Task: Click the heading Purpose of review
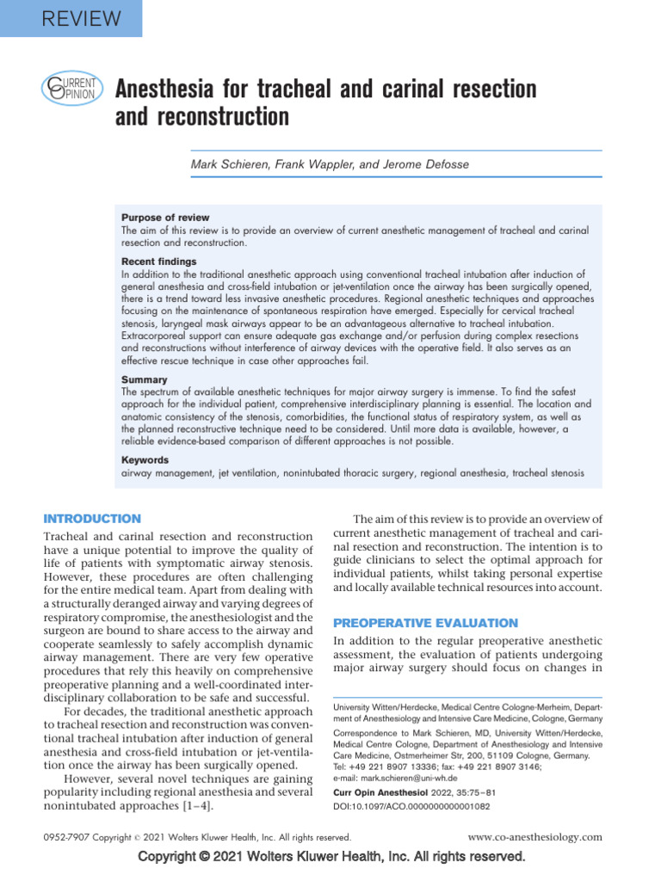click(x=165, y=218)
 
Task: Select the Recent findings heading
click(x=159, y=261)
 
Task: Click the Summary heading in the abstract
click(x=145, y=379)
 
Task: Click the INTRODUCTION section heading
click(x=92, y=519)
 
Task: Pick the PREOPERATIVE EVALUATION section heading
click(x=425, y=623)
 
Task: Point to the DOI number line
click(x=412, y=808)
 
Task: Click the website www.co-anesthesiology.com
click(x=534, y=836)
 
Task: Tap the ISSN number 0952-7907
click(x=67, y=837)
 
